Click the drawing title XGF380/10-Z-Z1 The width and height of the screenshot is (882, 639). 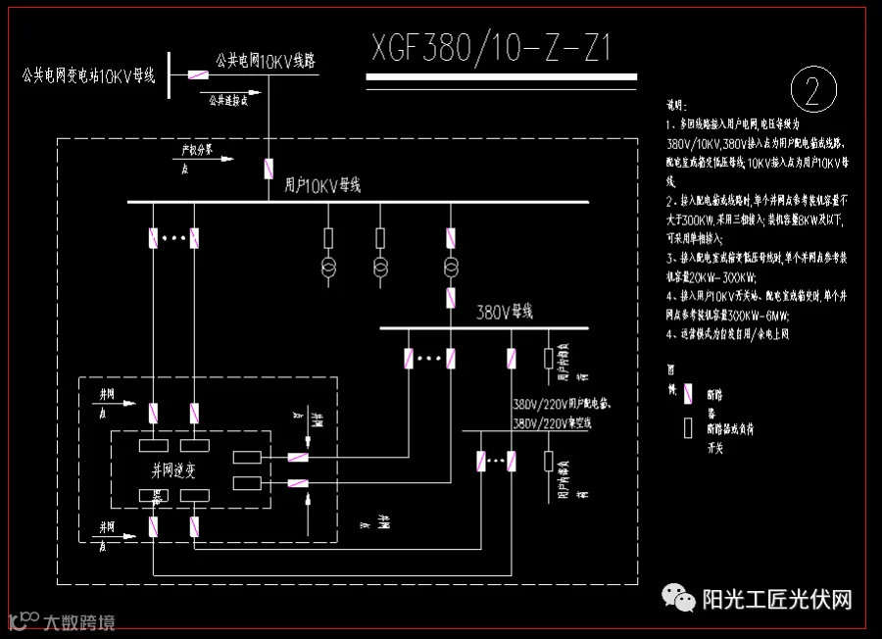pyautogui.click(x=491, y=46)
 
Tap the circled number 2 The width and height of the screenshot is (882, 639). pyautogui.click(x=812, y=91)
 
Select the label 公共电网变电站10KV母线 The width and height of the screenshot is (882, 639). pyautogui.click(x=88, y=74)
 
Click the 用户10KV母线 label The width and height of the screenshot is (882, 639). pyautogui.click(x=322, y=184)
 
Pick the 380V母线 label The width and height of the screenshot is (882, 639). pyautogui.click(x=504, y=313)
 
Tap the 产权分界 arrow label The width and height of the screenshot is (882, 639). pyautogui.click(x=195, y=151)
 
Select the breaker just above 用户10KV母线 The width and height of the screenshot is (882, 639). pyautogui.click(x=268, y=169)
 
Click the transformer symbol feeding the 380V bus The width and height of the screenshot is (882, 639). pyautogui.click(x=451, y=269)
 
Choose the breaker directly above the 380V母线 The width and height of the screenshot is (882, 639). pyautogui.click(x=451, y=298)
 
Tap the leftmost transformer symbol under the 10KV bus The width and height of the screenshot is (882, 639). pyautogui.click(x=328, y=269)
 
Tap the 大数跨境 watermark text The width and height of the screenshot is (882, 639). pyautogui.click(x=78, y=621)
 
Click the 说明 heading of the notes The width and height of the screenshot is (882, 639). pyautogui.click(x=677, y=104)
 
